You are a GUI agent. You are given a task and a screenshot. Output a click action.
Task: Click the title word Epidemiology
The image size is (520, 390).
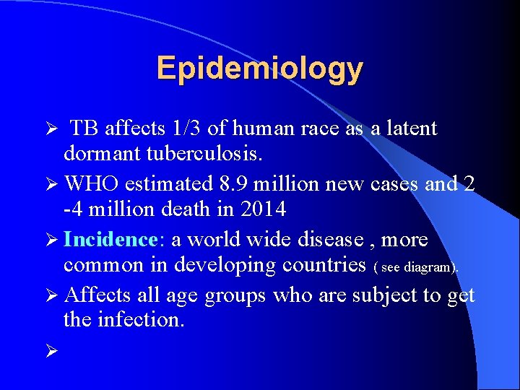(x=259, y=69)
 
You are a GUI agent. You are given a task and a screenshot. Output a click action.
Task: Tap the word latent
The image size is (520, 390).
(x=411, y=129)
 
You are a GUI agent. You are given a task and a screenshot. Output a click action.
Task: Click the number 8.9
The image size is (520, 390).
(x=220, y=184)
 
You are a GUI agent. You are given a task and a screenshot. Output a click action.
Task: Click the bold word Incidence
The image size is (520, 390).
(x=110, y=239)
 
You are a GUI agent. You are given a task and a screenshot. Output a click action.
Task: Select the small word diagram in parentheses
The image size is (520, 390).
(x=428, y=267)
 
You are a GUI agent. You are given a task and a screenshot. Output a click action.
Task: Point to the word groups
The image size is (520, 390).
(x=233, y=296)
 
